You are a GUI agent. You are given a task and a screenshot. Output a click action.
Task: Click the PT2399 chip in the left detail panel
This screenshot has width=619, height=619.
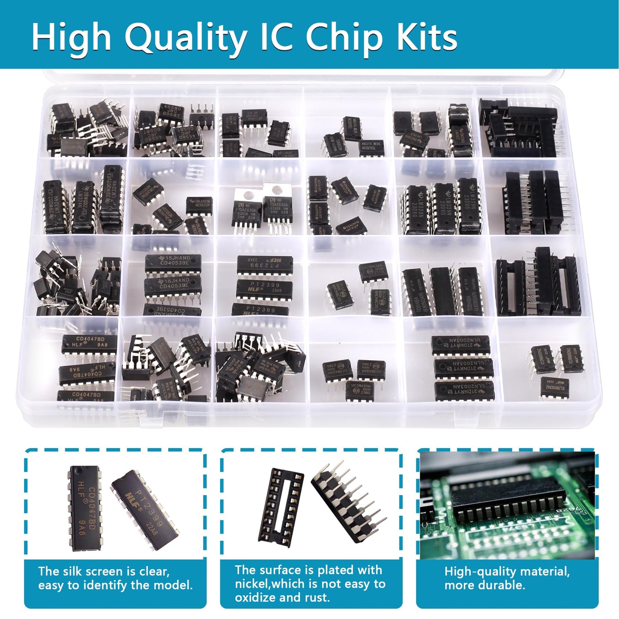point(146,510)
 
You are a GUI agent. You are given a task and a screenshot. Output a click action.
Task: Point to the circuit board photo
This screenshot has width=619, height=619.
point(507,505)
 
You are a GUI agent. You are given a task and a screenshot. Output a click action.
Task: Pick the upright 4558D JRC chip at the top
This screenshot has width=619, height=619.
point(171,112)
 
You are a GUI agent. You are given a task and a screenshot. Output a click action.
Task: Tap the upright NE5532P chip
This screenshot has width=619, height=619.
point(199,205)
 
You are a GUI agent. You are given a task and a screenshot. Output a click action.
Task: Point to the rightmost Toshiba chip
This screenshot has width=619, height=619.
point(470,291)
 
